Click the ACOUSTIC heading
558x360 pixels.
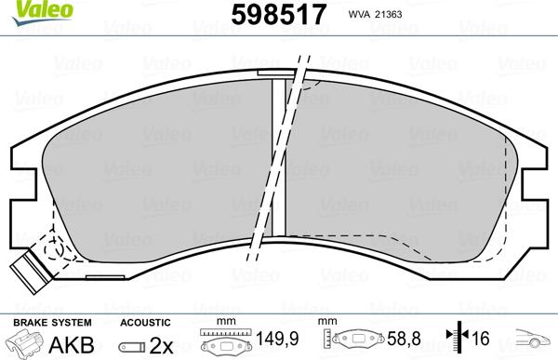pos(144,322)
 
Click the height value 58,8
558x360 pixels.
pos(405,342)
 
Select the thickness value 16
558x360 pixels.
pos(482,342)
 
